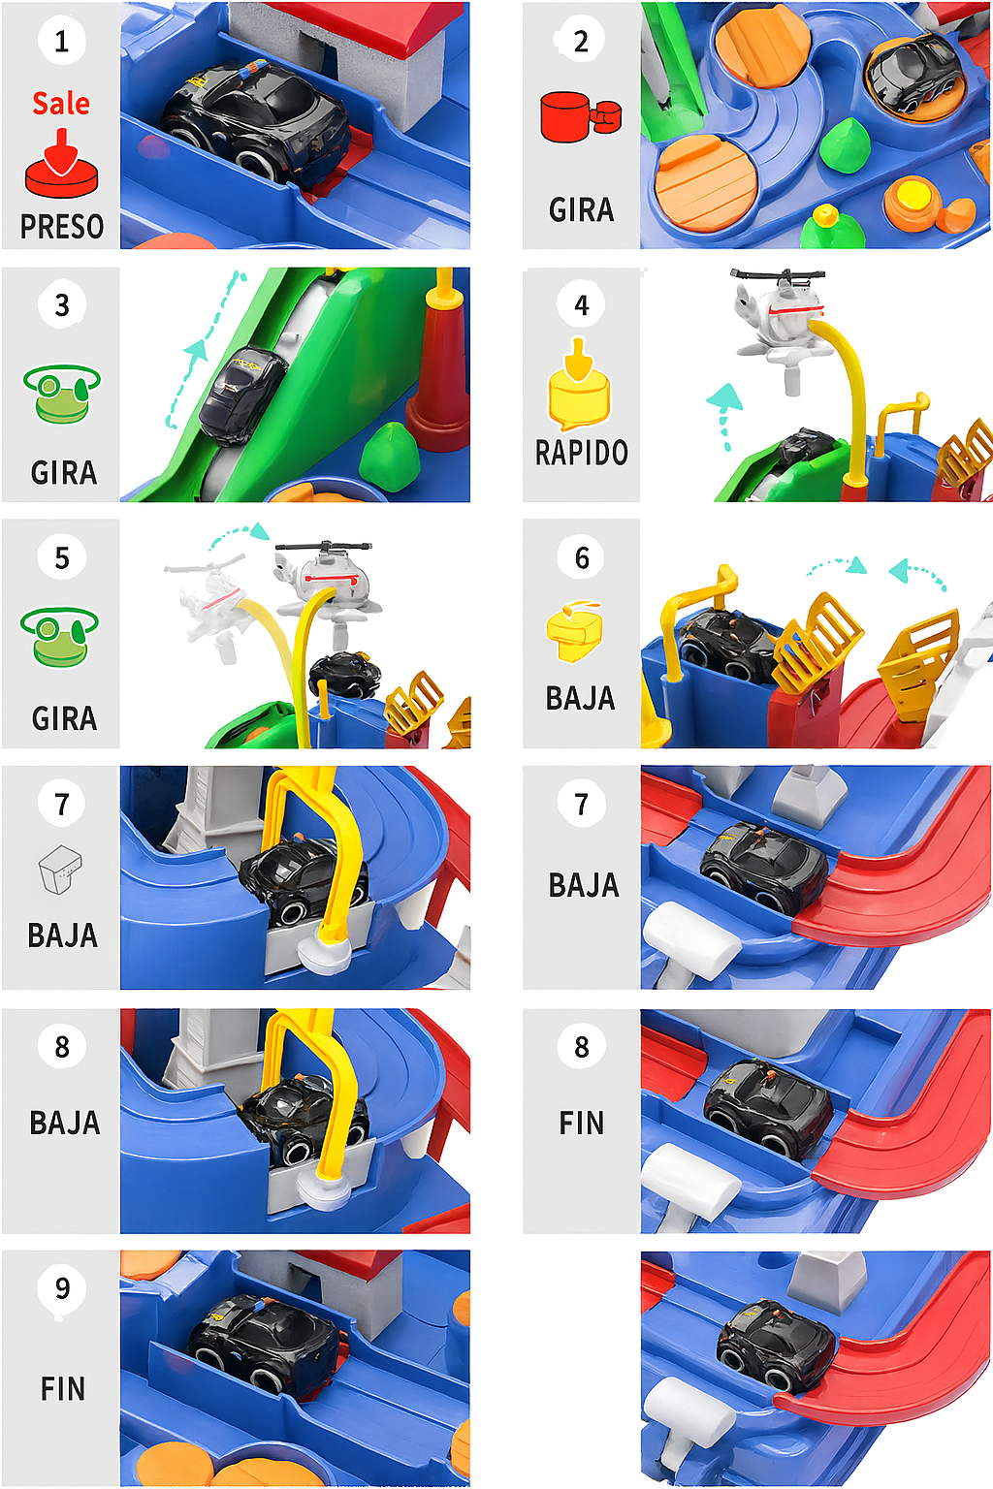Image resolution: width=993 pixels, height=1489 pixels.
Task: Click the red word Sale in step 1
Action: pyautogui.click(x=61, y=103)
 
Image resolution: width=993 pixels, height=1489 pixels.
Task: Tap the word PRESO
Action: pyautogui.click(x=62, y=227)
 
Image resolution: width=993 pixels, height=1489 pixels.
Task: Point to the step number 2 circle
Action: pyautogui.click(x=581, y=41)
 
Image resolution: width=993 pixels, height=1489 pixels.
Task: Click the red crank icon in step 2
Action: pyautogui.click(x=580, y=117)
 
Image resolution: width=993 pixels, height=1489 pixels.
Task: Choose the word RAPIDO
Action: pyautogui.click(x=582, y=453)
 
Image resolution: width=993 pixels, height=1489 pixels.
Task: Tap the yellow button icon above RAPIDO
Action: pyautogui.click(x=580, y=387)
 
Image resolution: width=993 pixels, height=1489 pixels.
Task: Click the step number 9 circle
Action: pyautogui.click(x=62, y=1289)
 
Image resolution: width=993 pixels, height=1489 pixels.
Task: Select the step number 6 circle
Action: pyautogui.click(x=582, y=557)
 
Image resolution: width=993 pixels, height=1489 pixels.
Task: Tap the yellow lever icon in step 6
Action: pyautogui.click(x=574, y=630)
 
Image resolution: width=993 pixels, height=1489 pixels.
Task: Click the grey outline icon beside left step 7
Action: pyautogui.click(x=60, y=869)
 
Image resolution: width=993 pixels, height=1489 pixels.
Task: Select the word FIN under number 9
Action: pyautogui.click(x=63, y=1389)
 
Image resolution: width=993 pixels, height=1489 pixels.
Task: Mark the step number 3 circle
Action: pyautogui.click(x=62, y=305)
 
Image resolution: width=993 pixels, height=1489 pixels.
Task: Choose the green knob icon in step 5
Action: pyautogui.click(x=60, y=636)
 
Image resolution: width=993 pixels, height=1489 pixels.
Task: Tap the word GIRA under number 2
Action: pyautogui.click(x=582, y=210)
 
